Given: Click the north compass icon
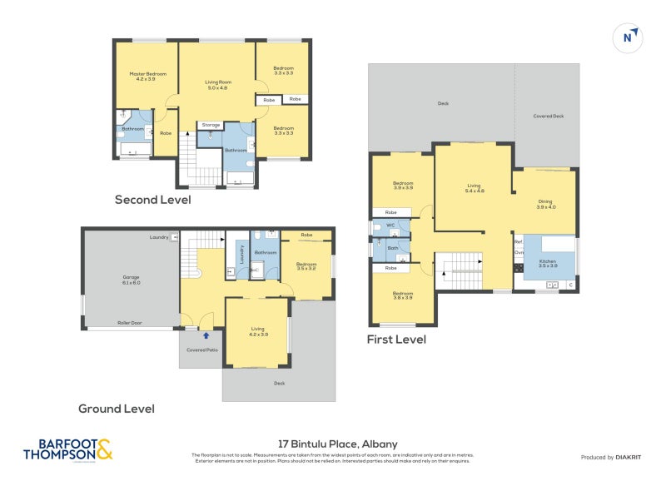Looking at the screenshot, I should (629, 37).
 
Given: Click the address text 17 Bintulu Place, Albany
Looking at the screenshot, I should (337, 444).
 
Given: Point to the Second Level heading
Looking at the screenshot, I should (152, 200).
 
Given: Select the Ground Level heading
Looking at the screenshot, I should (116, 409).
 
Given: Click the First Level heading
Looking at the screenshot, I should (396, 340).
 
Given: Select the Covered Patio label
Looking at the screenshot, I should (200, 350).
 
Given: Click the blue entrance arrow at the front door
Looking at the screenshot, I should (206, 335).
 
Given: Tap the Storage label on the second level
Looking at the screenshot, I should (211, 125).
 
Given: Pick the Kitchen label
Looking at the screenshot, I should (547, 264).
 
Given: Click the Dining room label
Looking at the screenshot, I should (545, 204).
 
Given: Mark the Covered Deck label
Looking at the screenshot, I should (548, 117).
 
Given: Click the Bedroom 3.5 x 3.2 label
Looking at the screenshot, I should (306, 266).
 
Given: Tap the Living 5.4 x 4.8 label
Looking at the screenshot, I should (475, 188).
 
